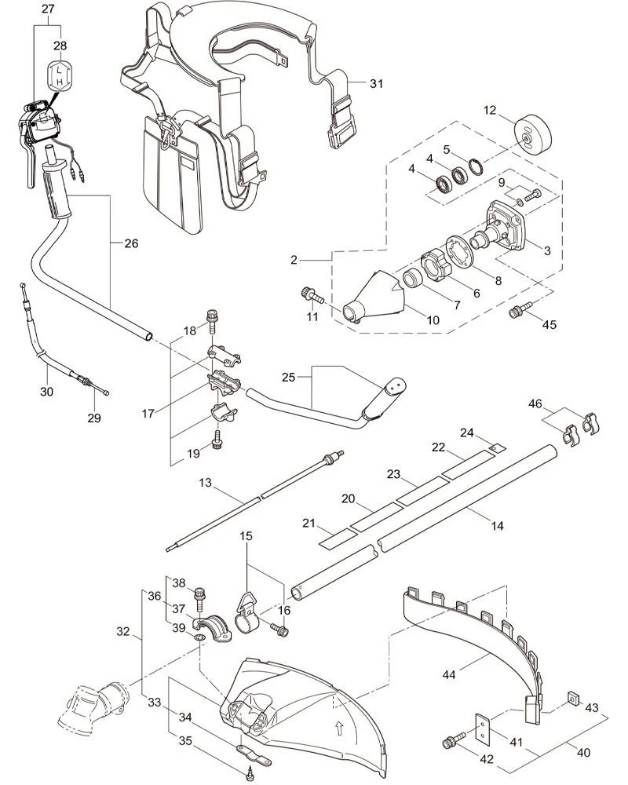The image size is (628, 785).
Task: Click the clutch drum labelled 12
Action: pos(532,132)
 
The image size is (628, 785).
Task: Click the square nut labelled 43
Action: pos(573,696)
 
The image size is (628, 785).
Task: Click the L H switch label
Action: pos(60,75)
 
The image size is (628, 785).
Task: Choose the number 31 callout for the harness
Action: pos(377,84)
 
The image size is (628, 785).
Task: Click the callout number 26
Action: pos(131,243)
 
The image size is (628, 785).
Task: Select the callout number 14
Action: pos(497,526)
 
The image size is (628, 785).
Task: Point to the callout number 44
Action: pos(449,674)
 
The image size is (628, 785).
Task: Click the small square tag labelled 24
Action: pos(498,448)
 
